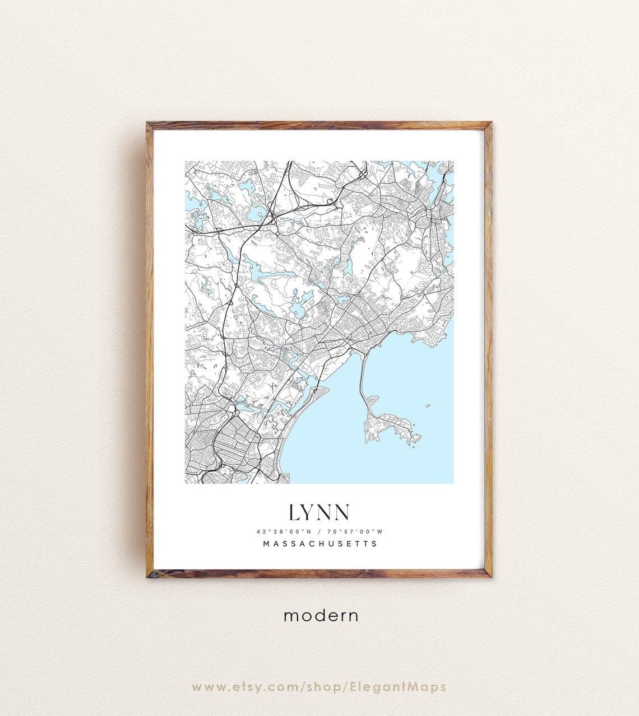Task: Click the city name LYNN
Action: (x=319, y=512)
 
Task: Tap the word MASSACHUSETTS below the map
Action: (x=320, y=544)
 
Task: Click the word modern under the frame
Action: (x=321, y=616)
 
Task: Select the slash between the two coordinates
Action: (x=318, y=532)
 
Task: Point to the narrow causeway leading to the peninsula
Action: (x=362, y=375)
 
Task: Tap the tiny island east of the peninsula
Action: (x=428, y=406)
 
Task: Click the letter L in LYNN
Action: (x=294, y=512)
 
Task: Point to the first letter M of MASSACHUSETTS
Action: (x=266, y=544)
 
